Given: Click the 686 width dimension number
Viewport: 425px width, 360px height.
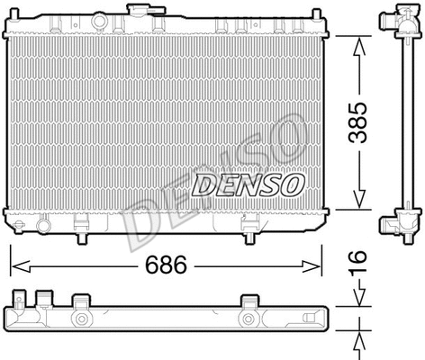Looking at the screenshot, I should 166,266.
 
